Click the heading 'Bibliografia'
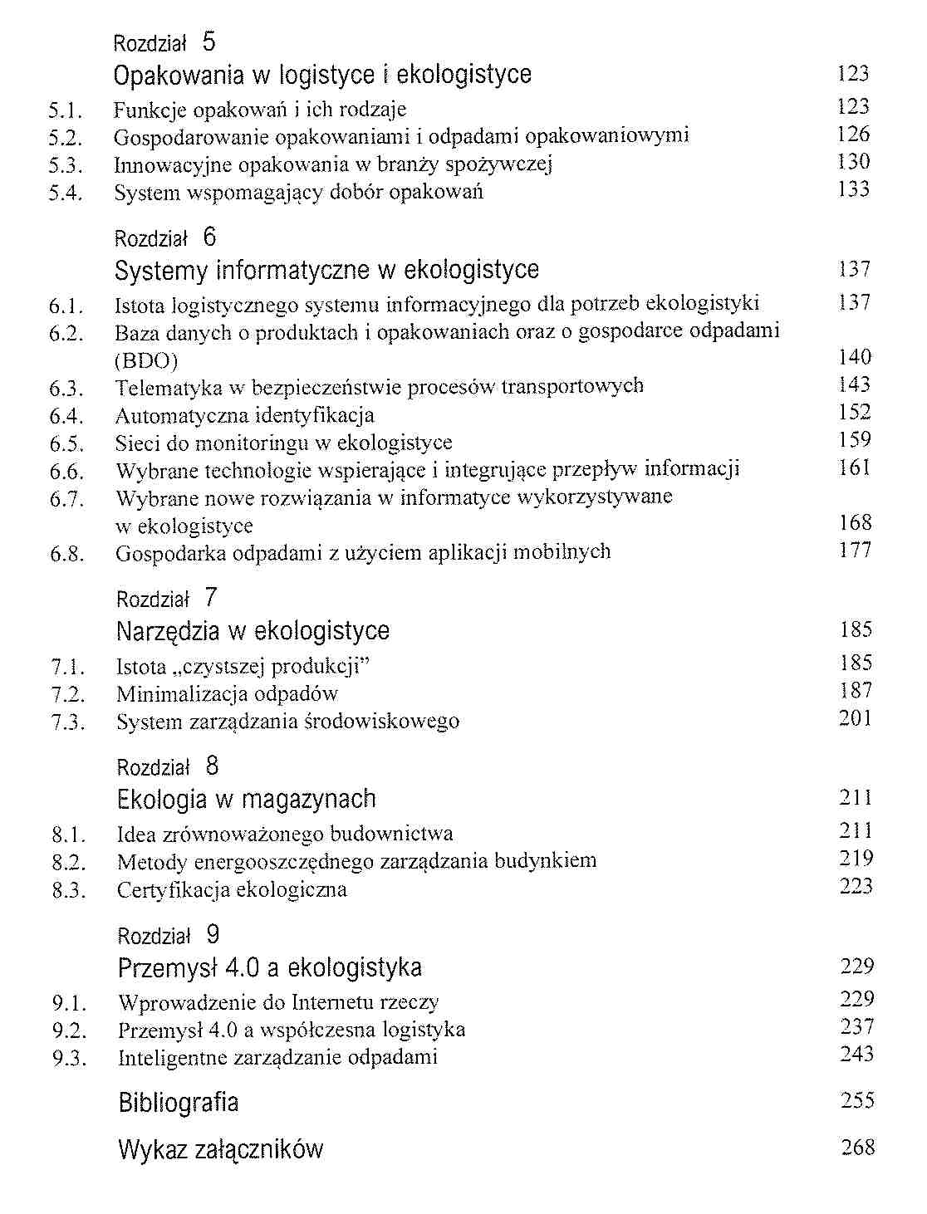pyautogui.click(x=179, y=1103)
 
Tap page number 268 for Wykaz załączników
pyautogui.click(x=857, y=1148)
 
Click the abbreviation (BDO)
pyautogui.click(x=146, y=361)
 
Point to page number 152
pyautogui.click(x=855, y=413)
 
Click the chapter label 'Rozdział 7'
pyautogui.click(x=167, y=598)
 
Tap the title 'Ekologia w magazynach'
pyautogui.click(x=247, y=799)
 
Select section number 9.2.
pyautogui.click(x=69, y=1030)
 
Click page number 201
pyautogui.click(x=855, y=718)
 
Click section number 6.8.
pyautogui.click(x=66, y=554)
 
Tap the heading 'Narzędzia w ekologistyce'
pyautogui.click(x=253, y=631)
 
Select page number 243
pyautogui.click(x=856, y=1055)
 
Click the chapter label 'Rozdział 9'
pyautogui.click(x=169, y=935)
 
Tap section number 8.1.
pyautogui.click(x=68, y=835)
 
